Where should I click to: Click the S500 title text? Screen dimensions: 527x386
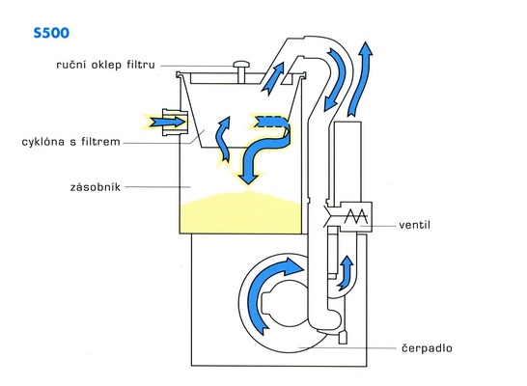51,33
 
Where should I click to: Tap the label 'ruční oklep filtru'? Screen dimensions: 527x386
105,64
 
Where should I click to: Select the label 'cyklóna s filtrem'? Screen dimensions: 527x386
70,142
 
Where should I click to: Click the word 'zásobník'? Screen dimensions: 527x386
96,187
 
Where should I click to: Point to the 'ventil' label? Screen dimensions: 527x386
414,225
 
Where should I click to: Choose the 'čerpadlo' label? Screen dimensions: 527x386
427,348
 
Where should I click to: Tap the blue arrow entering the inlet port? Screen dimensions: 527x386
167,122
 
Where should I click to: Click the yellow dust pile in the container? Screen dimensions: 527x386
240,213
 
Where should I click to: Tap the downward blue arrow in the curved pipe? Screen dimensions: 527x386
334,80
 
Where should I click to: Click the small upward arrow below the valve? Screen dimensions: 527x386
347,273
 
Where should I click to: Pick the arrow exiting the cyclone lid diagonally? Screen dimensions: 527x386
272,79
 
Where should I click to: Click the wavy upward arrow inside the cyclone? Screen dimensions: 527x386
223,139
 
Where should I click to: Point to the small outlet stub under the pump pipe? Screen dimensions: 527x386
343,337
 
